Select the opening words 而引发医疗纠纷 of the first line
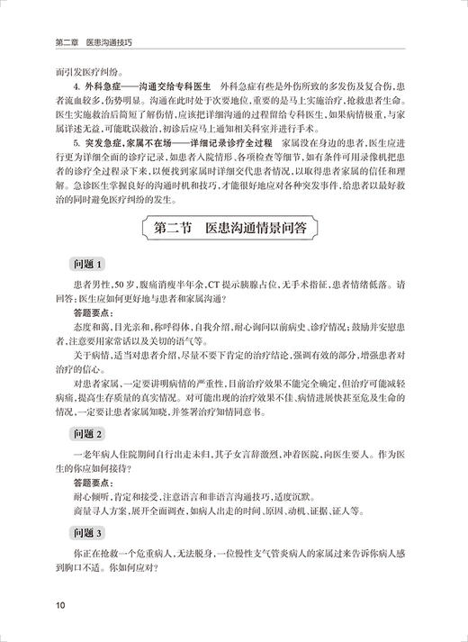pos(99,71)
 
